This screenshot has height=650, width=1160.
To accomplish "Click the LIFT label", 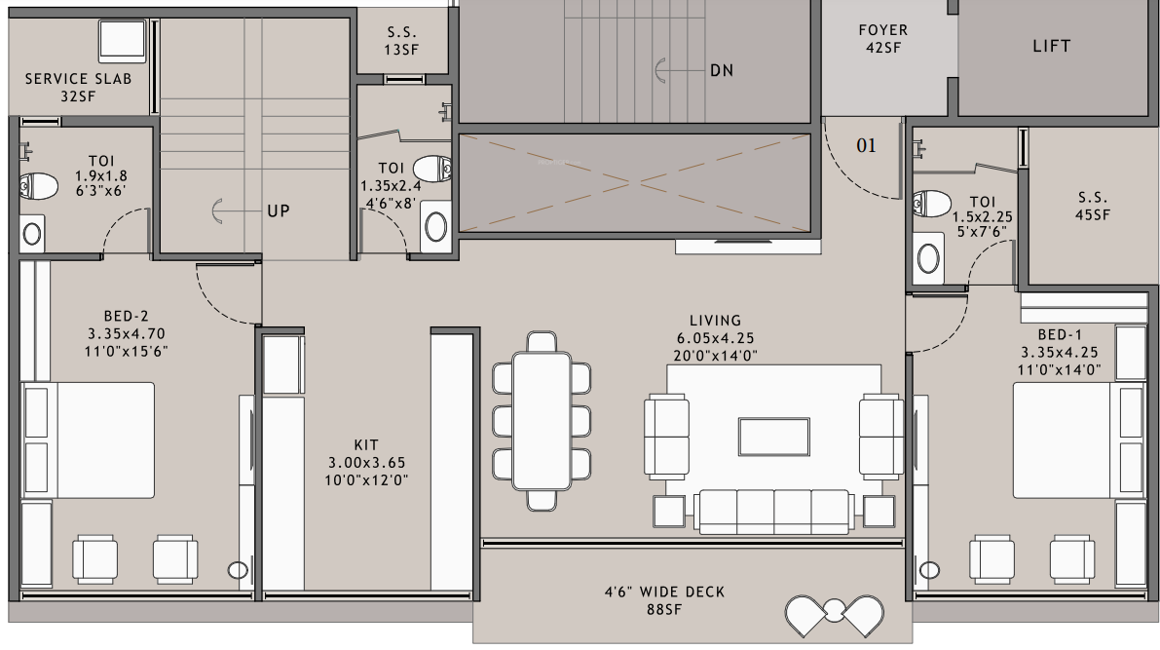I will click(x=1051, y=46).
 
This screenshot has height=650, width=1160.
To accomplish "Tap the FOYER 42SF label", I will click(x=882, y=39).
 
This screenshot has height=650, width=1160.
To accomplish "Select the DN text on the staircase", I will click(x=721, y=70).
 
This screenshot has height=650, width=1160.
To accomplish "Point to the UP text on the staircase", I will click(x=279, y=210).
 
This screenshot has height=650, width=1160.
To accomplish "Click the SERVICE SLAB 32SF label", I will click(x=78, y=87).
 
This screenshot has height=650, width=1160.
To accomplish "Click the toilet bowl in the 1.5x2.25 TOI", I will click(x=933, y=205).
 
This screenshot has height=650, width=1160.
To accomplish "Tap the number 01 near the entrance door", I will click(x=866, y=146).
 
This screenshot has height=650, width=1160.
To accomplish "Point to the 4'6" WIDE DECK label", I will click(x=664, y=593).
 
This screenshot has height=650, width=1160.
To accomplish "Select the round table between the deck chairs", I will click(x=835, y=613).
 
